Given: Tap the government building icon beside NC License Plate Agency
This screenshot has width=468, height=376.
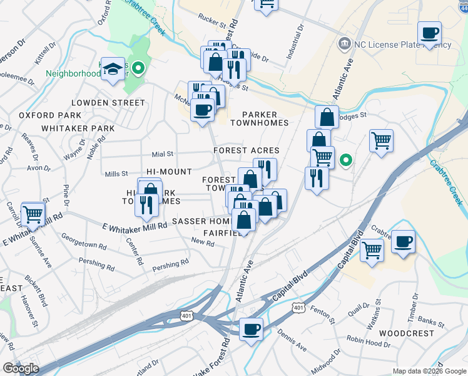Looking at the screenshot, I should [x=343, y=44].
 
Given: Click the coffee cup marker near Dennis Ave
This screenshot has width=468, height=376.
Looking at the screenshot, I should [x=252, y=329].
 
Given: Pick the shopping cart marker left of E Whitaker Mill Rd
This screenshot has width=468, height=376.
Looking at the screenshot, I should [x=33, y=215].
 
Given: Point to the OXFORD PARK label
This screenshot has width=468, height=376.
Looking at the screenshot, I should [x=50, y=115].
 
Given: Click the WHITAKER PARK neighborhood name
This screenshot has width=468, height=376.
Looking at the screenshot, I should [x=78, y=128].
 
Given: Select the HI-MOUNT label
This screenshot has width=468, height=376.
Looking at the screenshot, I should [x=169, y=172].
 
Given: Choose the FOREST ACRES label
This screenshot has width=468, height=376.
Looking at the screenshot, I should [x=246, y=151].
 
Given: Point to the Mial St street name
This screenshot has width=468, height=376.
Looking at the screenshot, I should [x=162, y=154].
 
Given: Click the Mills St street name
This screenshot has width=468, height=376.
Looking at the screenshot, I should [x=116, y=174].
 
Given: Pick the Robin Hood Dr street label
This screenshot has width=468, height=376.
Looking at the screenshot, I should [x=367, y=344].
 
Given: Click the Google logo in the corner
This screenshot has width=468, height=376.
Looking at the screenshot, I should [x=21, y=368].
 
